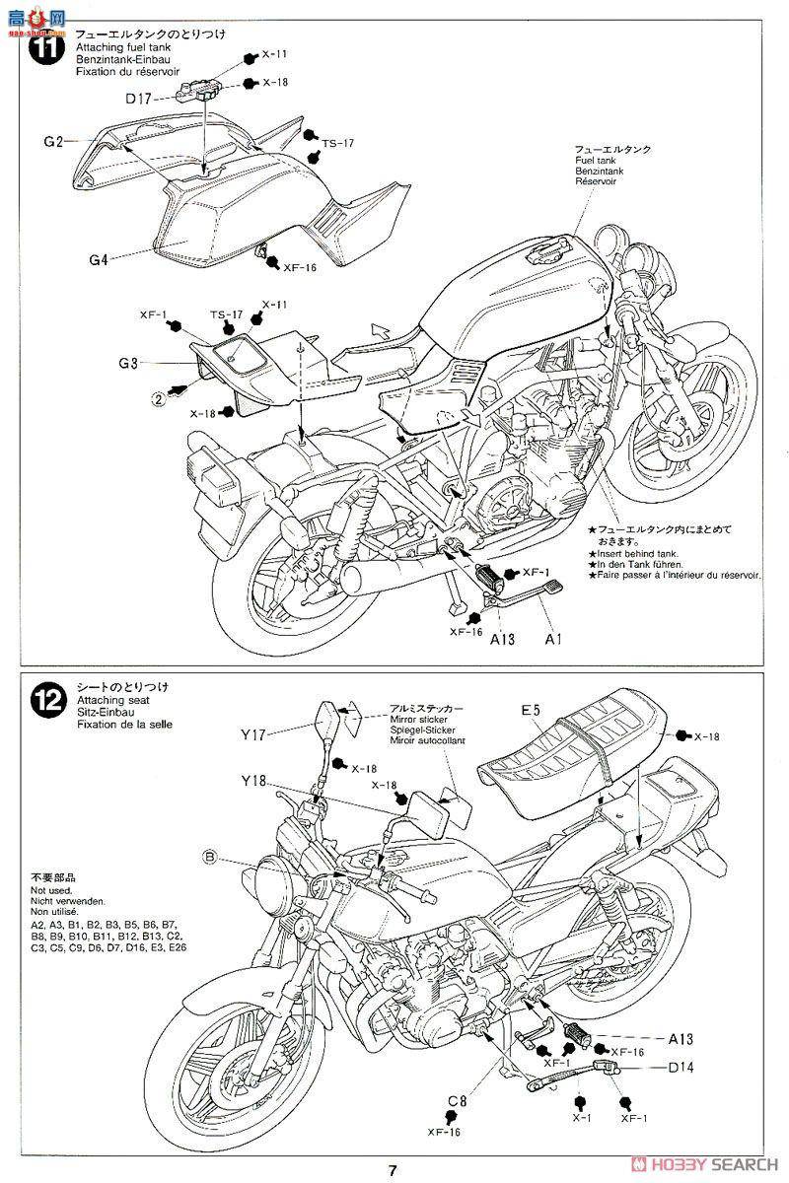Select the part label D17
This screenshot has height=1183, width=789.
click(x=139, y=99)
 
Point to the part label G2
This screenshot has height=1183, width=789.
click(x=53, y=142)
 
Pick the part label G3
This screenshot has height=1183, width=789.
click(x=128, y=363)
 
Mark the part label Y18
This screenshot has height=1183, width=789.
click(x=252, y=782)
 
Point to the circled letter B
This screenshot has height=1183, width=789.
click(x=209, y=858)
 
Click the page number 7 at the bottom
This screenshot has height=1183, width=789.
click(x=393, y=1170)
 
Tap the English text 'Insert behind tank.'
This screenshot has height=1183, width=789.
click(x=635, y=553)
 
